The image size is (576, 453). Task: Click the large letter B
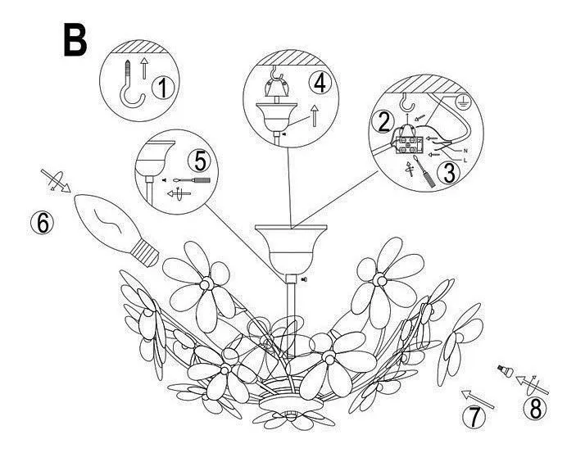tap(75, 39)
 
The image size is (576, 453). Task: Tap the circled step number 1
tap(163, 88)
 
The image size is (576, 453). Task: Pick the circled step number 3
tap(449, 174)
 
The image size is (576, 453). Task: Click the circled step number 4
tap(320, 82)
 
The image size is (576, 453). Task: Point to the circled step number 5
tap(199, 161)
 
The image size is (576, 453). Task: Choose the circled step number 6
tap(43, 223)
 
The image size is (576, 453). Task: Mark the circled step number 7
tap(474, 417)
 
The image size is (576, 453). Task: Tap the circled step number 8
tap(535, 408)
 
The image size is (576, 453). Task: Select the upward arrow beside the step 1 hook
tap(144, 68)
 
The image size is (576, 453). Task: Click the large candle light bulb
tap(116, 229)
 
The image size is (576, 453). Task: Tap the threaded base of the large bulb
tap(146, 253)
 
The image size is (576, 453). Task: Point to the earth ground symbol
tap(461, 101)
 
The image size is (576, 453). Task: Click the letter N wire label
tap(465, 151)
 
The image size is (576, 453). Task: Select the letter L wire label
tap(465, 161)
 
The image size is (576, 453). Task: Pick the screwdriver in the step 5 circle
tap(192, 180)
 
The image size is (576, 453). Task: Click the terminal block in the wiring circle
tap(410, 144)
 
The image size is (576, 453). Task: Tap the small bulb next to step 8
tap(505, 370)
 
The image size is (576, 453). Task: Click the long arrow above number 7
tap(477, 399)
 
